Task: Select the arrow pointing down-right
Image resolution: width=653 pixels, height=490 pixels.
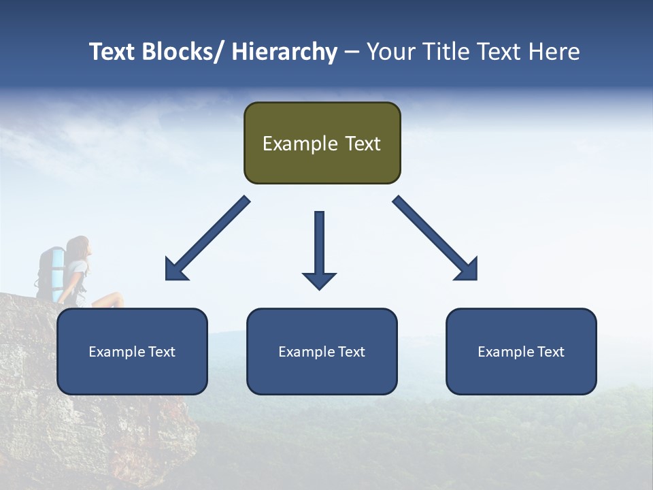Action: click(436, 239)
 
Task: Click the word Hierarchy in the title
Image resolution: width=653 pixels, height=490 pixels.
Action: click(284, 52)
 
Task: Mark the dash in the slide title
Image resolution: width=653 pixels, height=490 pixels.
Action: click(352, 52)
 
